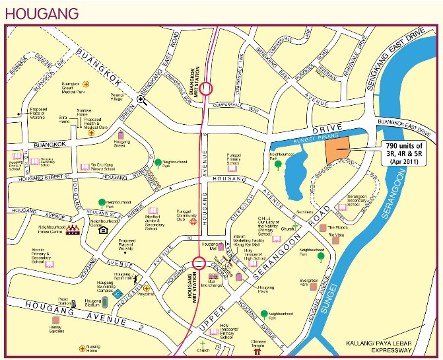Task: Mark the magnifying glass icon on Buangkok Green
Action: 141,100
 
